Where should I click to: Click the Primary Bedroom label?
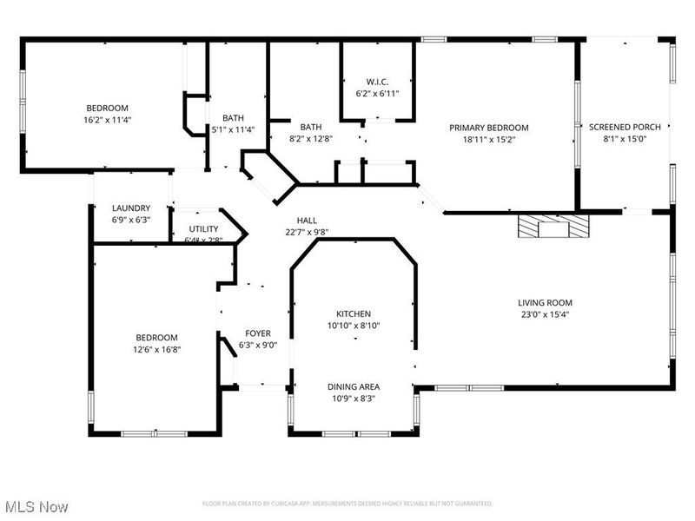[x=488, y=128]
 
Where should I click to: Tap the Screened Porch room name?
[x=625, y=127]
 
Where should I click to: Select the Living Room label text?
[x=546, y=303]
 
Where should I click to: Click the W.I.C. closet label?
[x=377, y=82]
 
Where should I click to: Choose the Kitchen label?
[x=354, y=313]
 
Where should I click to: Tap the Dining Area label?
[x=353, y=386]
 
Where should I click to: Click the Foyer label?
[x=257, y=333]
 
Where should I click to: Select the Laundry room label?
[x=131, y=208]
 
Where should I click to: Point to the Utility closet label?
[x=203, y=229]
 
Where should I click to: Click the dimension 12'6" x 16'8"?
[x=156, y=349]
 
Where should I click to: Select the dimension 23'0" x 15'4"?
[x=546, y=314]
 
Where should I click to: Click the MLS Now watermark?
[x=36, y=505]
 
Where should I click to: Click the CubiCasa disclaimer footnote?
[x=347, y=504]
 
